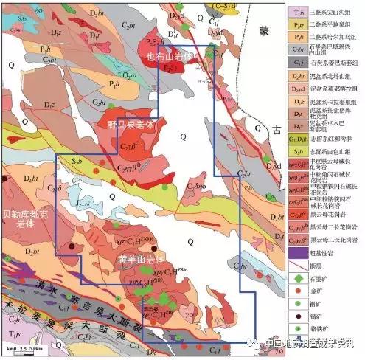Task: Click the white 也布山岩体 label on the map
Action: tap(172, 56)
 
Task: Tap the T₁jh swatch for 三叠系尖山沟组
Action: tap(296, 10)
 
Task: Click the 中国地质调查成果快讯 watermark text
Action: tap(310, 342)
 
